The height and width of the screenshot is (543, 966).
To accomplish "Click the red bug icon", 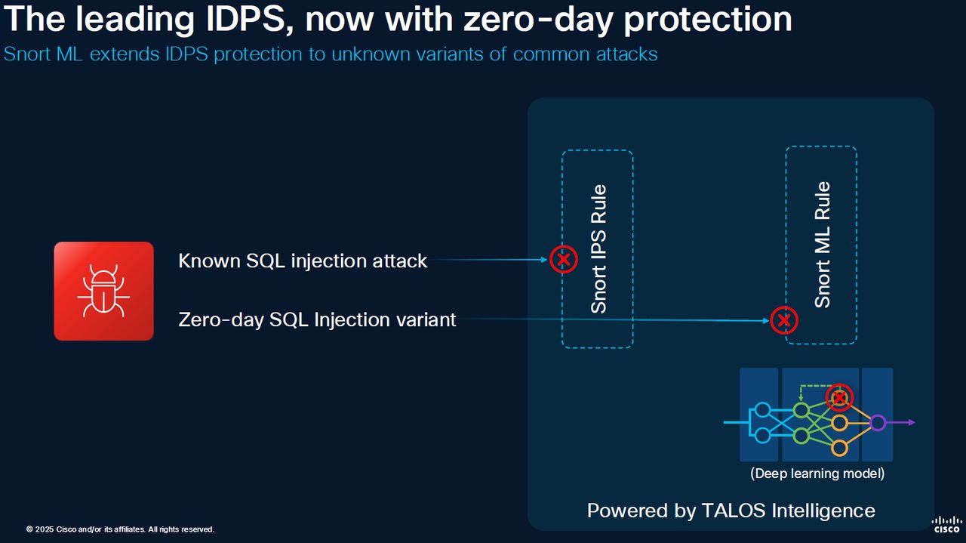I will (x=103, y=291).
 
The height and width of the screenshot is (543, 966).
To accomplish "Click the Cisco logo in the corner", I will (x=946, y=524).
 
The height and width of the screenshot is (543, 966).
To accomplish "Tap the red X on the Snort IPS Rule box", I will (x=562, y=260).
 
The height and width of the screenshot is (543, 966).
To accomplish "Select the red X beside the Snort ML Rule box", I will (x=783, y=320).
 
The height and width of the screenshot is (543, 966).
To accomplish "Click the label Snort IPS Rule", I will (x=598, y=248).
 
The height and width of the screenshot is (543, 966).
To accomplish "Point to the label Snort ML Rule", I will (x=822, y=244).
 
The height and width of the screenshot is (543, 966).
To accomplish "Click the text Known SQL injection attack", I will (x=303, y=261).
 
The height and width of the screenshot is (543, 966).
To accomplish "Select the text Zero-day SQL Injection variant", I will (x=317, y=319).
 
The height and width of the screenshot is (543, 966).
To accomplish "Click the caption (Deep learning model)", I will (x=817, y=474).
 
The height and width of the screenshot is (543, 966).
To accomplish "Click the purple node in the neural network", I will (x=877, y=423).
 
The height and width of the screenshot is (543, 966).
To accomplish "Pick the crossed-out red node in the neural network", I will (x=839, y=396).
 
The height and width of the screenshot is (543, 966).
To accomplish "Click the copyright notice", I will (x=120, y=529).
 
